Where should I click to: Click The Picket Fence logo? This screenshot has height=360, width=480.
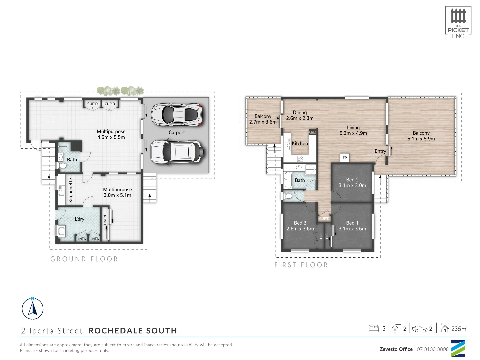coord(458,22)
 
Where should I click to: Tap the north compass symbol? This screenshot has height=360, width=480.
coord(33,308)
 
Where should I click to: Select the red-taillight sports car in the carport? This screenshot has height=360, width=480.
coord(177,115)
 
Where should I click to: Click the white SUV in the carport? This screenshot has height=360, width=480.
coord(176,152)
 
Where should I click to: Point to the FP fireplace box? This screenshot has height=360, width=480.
coord(345,158)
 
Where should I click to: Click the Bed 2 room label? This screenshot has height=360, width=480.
coord(352,180)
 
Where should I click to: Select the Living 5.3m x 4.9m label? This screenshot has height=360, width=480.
coord(353,130)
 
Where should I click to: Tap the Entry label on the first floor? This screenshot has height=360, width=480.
coord(380,151)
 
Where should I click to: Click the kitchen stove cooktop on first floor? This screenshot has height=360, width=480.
coord(300,159)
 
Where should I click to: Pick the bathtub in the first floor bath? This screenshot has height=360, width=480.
coord(287,180)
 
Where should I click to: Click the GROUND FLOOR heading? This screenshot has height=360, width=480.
coord(84,259)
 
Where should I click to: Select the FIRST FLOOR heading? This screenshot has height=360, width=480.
coord(301,265)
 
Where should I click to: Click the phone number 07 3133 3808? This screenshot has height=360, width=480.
coord(433,349)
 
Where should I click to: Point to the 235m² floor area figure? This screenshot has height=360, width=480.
coord(459,329)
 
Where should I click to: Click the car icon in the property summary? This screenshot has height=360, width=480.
coord(420,329)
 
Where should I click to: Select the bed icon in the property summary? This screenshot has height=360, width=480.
coord(374,328)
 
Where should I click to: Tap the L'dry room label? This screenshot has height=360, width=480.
coord(79,219)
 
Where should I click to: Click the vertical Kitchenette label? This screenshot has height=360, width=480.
coord(71,190)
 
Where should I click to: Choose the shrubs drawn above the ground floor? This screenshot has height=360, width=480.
coord(120,91)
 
